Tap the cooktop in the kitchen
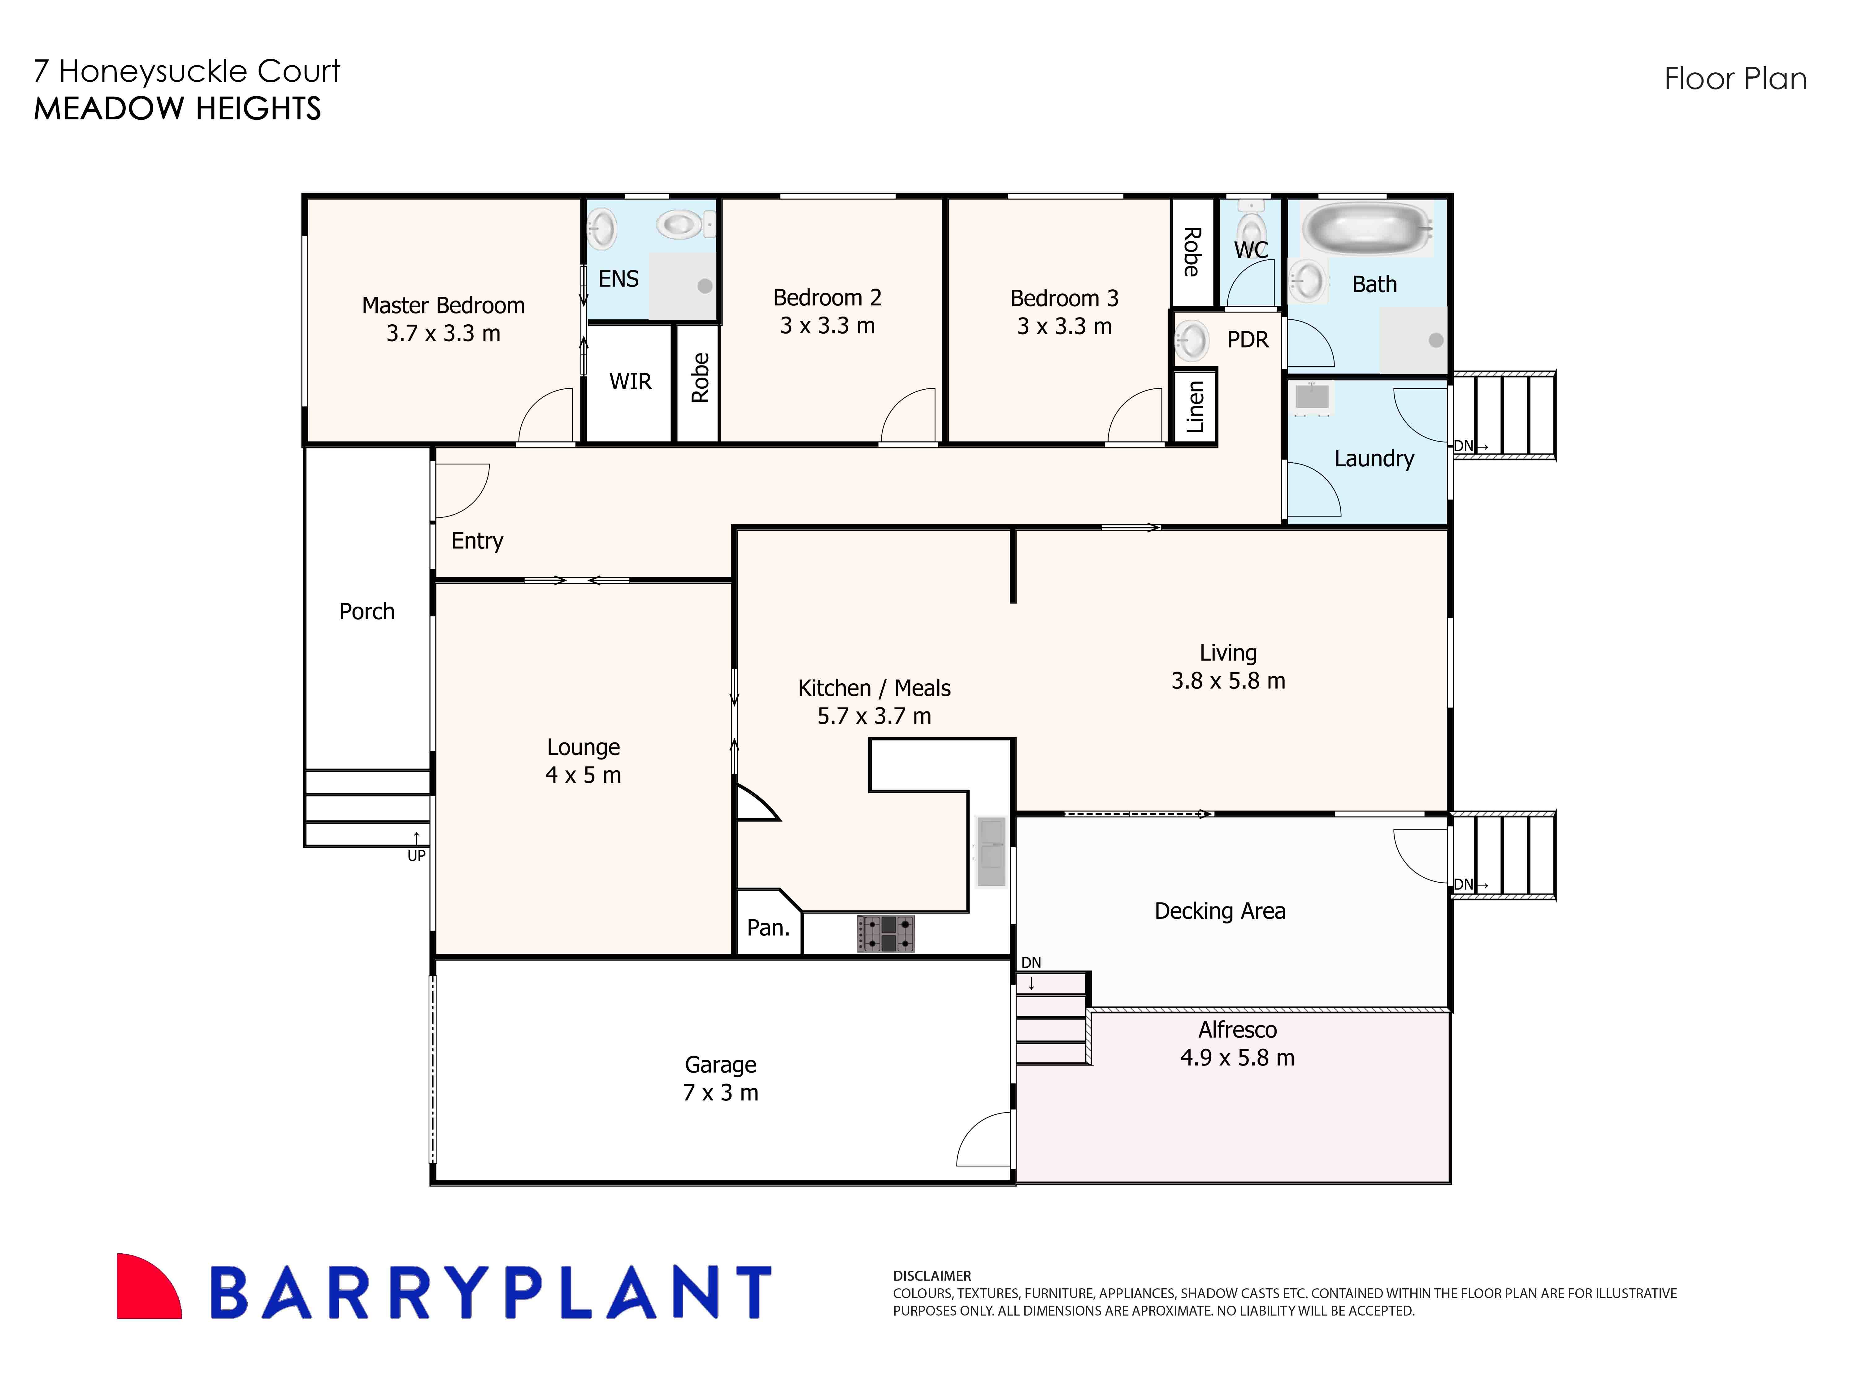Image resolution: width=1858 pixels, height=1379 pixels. click(x=885, y=933)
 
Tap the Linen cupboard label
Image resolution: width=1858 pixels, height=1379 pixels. click(x=1195, y=407)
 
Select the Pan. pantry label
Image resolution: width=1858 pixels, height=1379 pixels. click(x=767, y=927)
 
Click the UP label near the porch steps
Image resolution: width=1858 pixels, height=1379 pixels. click(x=416, y=856)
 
